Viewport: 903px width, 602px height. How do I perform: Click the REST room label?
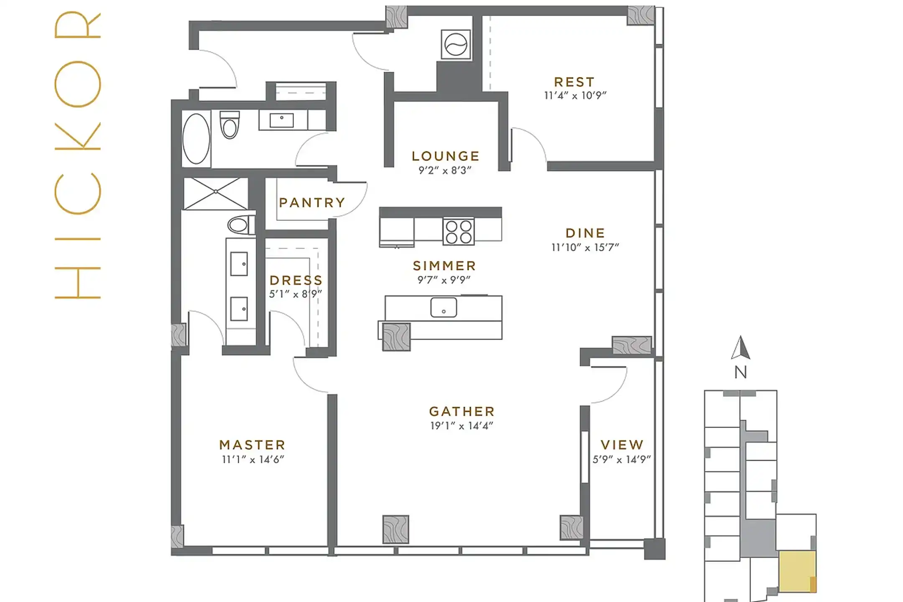tap(574, 82)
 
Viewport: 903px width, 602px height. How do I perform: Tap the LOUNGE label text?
tap(445, 156)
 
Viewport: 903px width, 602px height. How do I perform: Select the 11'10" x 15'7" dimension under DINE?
tap(585, 247)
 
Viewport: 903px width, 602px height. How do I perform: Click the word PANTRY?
tap(312, 203)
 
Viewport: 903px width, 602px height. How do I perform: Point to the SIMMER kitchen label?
tap(444, 266)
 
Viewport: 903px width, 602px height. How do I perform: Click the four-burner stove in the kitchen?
tap(459, 231)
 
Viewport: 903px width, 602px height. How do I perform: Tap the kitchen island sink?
tap(444, 307)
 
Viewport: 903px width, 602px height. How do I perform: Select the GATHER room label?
tap(462, 411)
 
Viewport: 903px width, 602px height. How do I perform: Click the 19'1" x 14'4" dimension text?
tap(462, 426)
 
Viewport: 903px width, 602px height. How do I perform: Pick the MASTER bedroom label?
tap(253, 445)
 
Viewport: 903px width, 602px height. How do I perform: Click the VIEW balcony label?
tap(622, 445)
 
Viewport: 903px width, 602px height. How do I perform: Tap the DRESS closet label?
tap(296, 280)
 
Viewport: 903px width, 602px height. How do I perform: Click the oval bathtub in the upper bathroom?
tap(196, 138)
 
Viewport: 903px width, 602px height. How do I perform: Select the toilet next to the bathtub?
tap(230, 125)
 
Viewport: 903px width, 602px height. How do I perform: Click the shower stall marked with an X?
tap(216, 193)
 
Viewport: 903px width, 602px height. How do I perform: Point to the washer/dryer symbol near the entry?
tap(456, 44)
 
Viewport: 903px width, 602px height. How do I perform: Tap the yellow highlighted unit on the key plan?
tap(796, 571)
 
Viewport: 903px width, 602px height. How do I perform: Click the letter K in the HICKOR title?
tap(78, 136)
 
